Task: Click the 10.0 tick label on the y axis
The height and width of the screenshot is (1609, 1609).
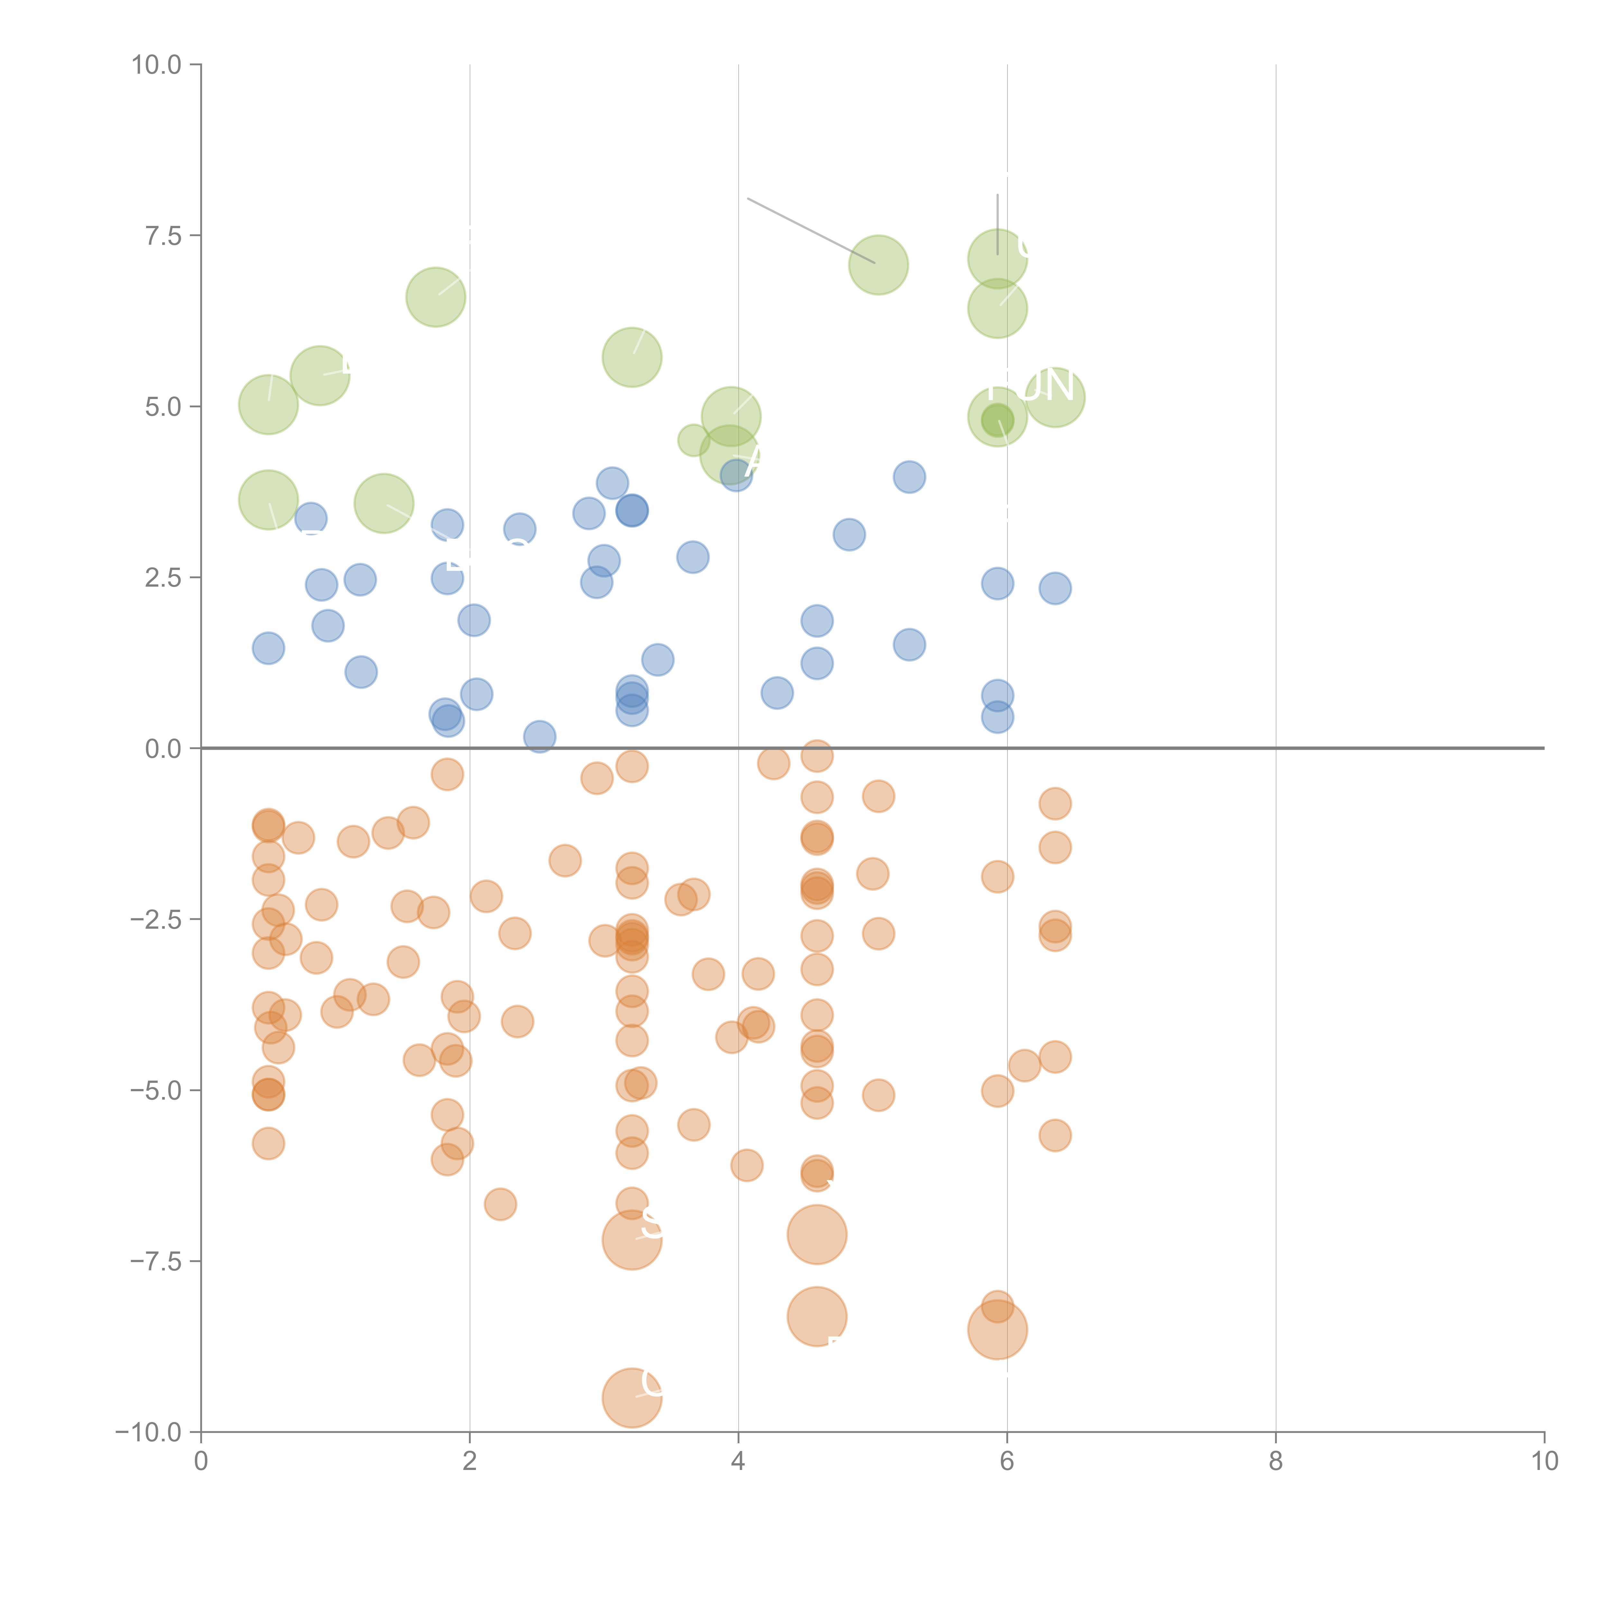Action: pyautogui.click(x=157, y=65)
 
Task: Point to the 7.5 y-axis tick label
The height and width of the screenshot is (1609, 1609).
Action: pyautogui.click(x=163, y=236)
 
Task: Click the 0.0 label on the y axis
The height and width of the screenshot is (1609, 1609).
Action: pyautogui.click(x=163, y=749)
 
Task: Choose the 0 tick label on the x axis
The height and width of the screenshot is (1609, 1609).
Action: pyautogui.click(x=201, y=1462)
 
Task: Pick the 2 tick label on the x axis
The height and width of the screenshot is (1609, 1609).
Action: pyautogui.click(x=470, y=1462)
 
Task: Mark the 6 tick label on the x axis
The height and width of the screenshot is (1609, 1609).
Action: pyautogui.click(x=1007, y=1462)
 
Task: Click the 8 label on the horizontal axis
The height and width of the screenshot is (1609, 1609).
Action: pyautogui.click(x=1276, y=1462)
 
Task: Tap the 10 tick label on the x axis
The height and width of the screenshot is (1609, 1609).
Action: pyautogui.click(x=1544, y=1462)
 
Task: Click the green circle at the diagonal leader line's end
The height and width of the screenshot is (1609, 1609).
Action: pyautogui.click(x=879, y=265)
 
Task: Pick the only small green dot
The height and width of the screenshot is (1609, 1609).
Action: pyautogui.click(x=693, y=440)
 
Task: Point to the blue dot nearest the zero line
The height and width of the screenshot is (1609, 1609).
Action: pyautogui.click(x=540, y=736)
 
